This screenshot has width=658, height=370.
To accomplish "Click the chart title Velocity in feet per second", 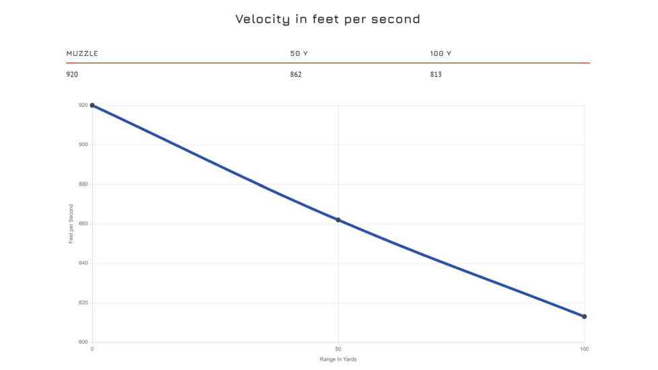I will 328,19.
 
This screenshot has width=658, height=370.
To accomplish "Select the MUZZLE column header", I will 82,53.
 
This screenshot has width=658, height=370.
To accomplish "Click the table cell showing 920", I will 72,74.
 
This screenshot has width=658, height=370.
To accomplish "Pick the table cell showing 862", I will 296,74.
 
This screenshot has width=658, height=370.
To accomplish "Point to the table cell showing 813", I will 436,74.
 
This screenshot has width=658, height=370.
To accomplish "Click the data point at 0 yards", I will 92,105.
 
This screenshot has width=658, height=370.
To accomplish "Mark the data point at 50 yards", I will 338,220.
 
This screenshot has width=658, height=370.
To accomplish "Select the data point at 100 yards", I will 584,316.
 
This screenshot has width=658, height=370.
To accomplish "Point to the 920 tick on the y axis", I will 83,105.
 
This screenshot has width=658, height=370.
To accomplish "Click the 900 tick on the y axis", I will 83,145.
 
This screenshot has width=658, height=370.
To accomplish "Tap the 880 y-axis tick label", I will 83,184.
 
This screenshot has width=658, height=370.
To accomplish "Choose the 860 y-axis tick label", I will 83,223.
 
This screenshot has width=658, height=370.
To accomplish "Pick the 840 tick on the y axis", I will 83,263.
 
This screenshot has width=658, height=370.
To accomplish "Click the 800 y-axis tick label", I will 83,342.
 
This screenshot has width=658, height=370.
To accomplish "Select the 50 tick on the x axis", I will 338,349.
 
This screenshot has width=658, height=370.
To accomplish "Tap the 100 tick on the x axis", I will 584,349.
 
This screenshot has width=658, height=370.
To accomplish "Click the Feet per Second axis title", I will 71,223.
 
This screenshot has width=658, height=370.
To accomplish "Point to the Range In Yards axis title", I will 338,360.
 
